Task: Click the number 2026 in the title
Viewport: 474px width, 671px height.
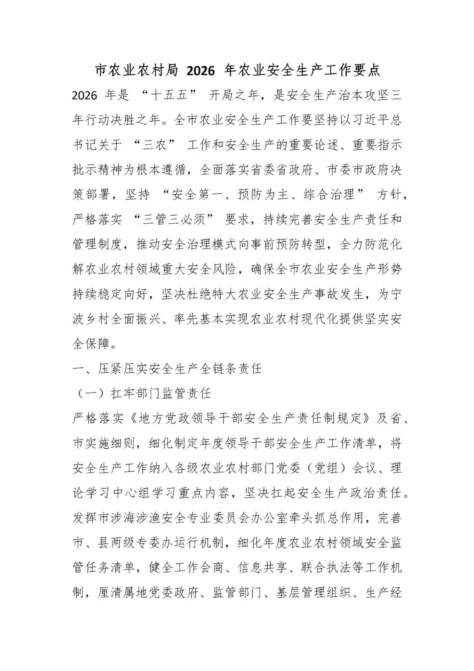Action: pos(200,69)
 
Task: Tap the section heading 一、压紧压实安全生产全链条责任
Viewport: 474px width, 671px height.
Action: pos(167,368)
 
